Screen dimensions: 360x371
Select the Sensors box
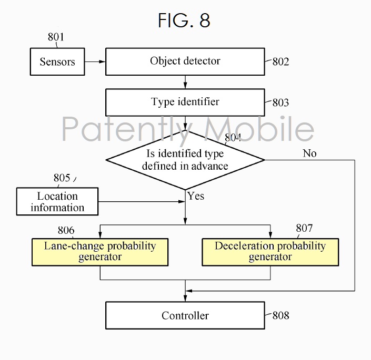coord(57,62)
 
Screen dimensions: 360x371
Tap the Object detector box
coord(185,61)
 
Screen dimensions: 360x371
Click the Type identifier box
coord(185,102)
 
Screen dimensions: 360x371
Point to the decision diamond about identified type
coord(185,160)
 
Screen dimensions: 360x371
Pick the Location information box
coord(57,202)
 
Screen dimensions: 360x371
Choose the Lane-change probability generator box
coord(100,252)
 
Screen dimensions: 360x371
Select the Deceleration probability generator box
coord(270,252)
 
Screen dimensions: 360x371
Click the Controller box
coord(185,315)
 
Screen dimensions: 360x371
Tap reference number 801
coord(56,37)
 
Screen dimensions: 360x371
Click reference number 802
coord(280,62)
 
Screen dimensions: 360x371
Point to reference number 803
coord(280,102)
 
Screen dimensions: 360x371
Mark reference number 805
coord(62,178)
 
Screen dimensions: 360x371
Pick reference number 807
coord(304,228)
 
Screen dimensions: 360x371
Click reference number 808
coord(280,316)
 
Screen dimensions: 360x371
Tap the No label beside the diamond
coord(309,153)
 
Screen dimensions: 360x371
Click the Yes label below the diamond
coord(195,196)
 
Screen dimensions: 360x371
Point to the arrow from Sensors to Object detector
coord(95,62)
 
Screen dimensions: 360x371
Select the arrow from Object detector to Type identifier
coord(185,81)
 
